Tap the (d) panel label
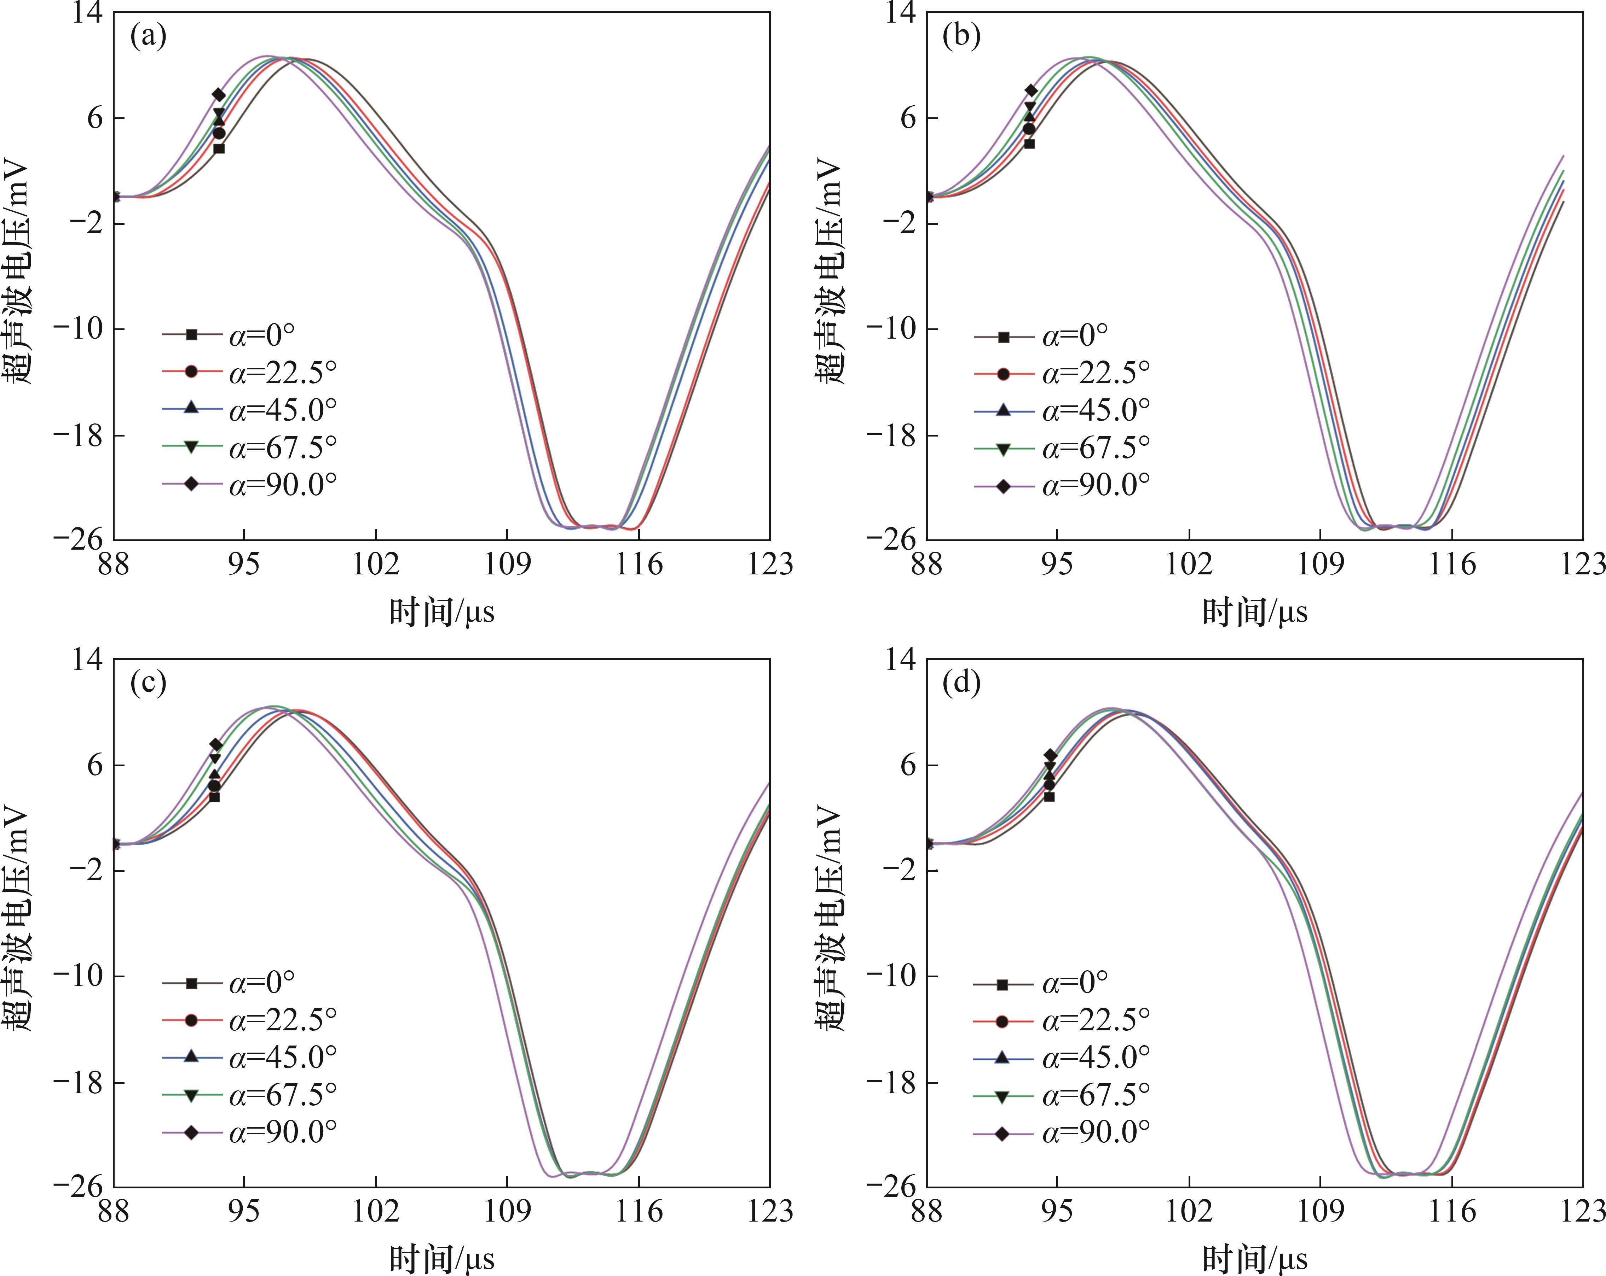(x=961, y=683)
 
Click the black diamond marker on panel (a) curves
(x=218, y=94)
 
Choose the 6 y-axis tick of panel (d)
(x=909, y=765)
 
